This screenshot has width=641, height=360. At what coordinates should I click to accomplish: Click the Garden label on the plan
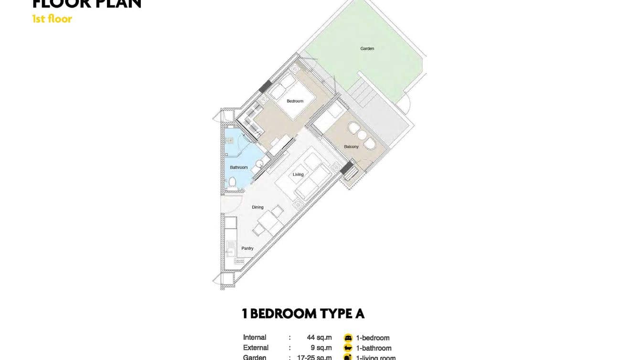[x=367, y=49]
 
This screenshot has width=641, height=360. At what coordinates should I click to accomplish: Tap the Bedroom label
[x=295, y=101]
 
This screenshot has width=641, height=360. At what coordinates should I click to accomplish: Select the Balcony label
[x=351, y=147]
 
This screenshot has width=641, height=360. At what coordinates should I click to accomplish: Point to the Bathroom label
[x=239, y=168]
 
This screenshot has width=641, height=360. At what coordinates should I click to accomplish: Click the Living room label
[x=298, y=175]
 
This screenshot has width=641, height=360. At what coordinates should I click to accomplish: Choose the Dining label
[x=257, y=207]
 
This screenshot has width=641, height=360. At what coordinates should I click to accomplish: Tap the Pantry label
[x=247, y=248]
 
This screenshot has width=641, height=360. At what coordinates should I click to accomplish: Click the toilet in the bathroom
[x=233, y=181]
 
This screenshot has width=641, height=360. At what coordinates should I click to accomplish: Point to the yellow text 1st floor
[x=52, y=19]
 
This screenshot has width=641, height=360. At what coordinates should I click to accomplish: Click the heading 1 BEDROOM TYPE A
[x=303, y=314]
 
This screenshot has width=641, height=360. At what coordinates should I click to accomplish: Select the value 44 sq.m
[x=319, y=338]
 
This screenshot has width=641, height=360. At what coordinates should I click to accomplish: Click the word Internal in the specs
[x=255, y=338]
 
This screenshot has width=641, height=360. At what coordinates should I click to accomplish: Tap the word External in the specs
[x=256, y=348]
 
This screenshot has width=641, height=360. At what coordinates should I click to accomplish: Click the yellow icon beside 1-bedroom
[x=348, y=338]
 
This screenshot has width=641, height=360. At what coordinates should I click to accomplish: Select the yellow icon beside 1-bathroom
[x=348, y=348]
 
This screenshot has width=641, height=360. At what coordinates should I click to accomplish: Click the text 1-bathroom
[x=374, y=348]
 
